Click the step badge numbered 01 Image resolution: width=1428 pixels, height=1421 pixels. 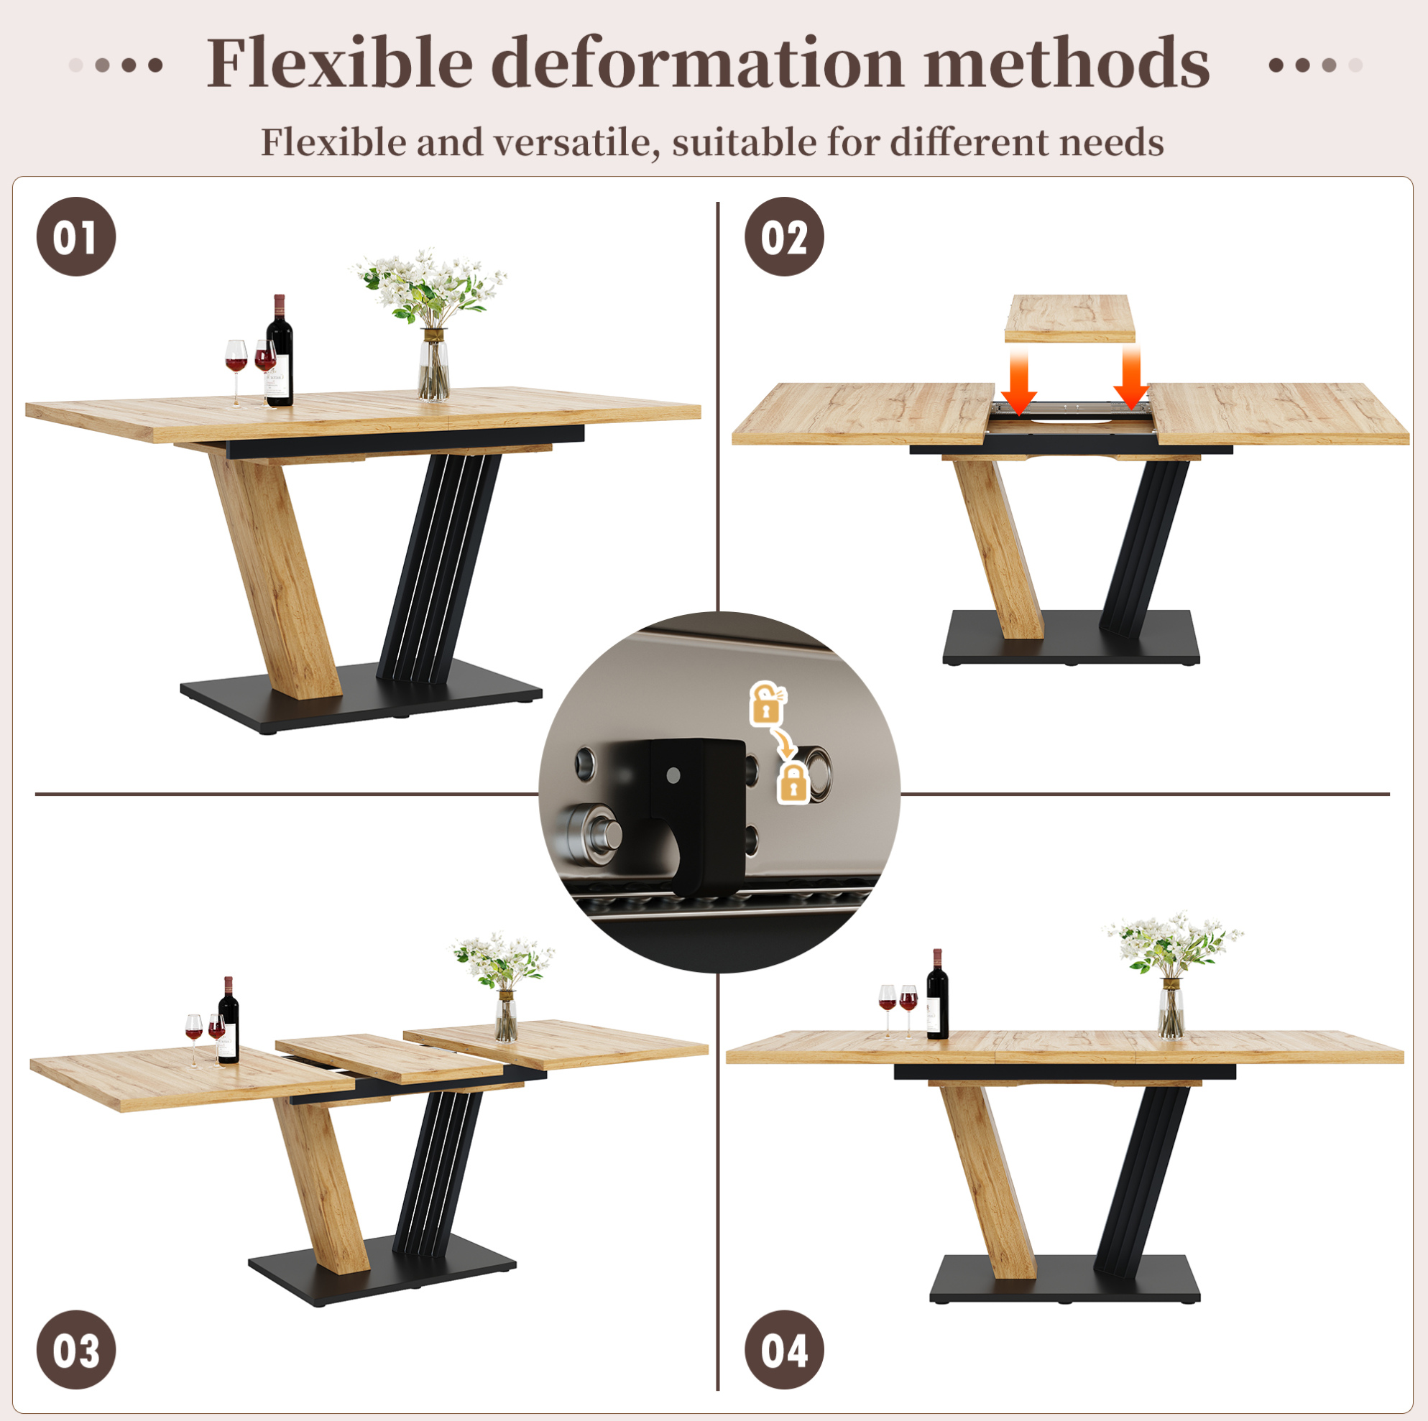coord(76,237)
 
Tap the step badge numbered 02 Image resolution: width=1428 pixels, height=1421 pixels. coord(784,237)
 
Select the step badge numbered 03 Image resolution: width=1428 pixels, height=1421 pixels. coord(76,1350)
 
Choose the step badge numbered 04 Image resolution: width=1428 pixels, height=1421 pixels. coord(784,1350)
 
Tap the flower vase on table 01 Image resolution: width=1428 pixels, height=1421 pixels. coord(433,364)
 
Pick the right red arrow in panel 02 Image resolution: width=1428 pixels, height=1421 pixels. coord(1131,378)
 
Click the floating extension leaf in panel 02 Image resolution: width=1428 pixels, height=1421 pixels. coord(1069,318)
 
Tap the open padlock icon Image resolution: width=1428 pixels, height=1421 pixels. coord(768,703)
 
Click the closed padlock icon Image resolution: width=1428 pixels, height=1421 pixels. coord(793,783)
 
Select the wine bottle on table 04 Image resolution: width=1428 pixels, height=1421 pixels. coord(937,994)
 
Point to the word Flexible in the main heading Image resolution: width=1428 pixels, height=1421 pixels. coord(339,63)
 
